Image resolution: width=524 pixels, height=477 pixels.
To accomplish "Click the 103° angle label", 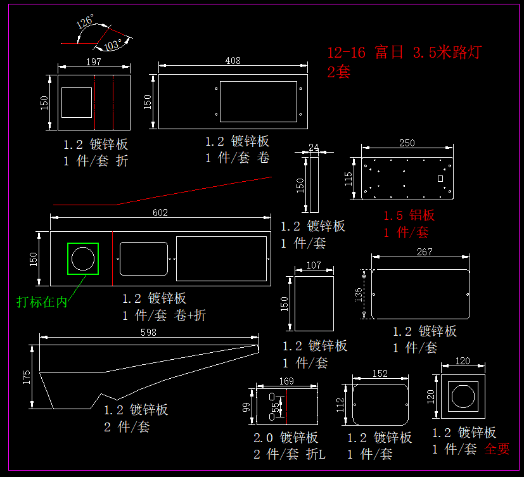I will [x=113, y=45].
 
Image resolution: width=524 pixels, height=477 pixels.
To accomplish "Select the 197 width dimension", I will [x=93, y=61].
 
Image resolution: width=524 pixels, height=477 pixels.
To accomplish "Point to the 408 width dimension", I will [x=233, y=61].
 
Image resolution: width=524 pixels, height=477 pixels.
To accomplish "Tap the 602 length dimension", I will [x=160, y=213].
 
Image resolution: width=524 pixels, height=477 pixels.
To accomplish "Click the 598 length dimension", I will [x=148, y=332].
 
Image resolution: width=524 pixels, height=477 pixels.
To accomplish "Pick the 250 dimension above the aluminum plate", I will [x=407, y=143].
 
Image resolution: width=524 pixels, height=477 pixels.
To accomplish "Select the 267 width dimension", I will [x=425, y=251].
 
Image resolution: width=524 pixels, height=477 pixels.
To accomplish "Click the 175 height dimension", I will [x=27, y=376].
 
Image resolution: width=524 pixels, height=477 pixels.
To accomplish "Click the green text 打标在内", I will [x=42, y=302].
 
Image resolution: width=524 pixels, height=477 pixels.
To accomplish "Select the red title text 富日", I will [x=388, y=53].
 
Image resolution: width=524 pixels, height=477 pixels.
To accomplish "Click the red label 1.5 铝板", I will [x=409, y=215].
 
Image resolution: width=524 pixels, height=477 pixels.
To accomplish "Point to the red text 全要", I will [x=497, y=449].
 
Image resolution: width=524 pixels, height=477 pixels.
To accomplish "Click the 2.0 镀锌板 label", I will [x=286, y=438].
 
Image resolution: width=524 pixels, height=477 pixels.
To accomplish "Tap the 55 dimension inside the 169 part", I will [x=275, y=409].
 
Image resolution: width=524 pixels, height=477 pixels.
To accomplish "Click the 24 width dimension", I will [x=314, y=147].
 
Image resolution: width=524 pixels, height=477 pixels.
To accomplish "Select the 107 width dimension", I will [x=314, y=265].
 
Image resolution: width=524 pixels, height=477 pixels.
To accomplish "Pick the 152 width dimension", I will [x=380, y=374].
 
